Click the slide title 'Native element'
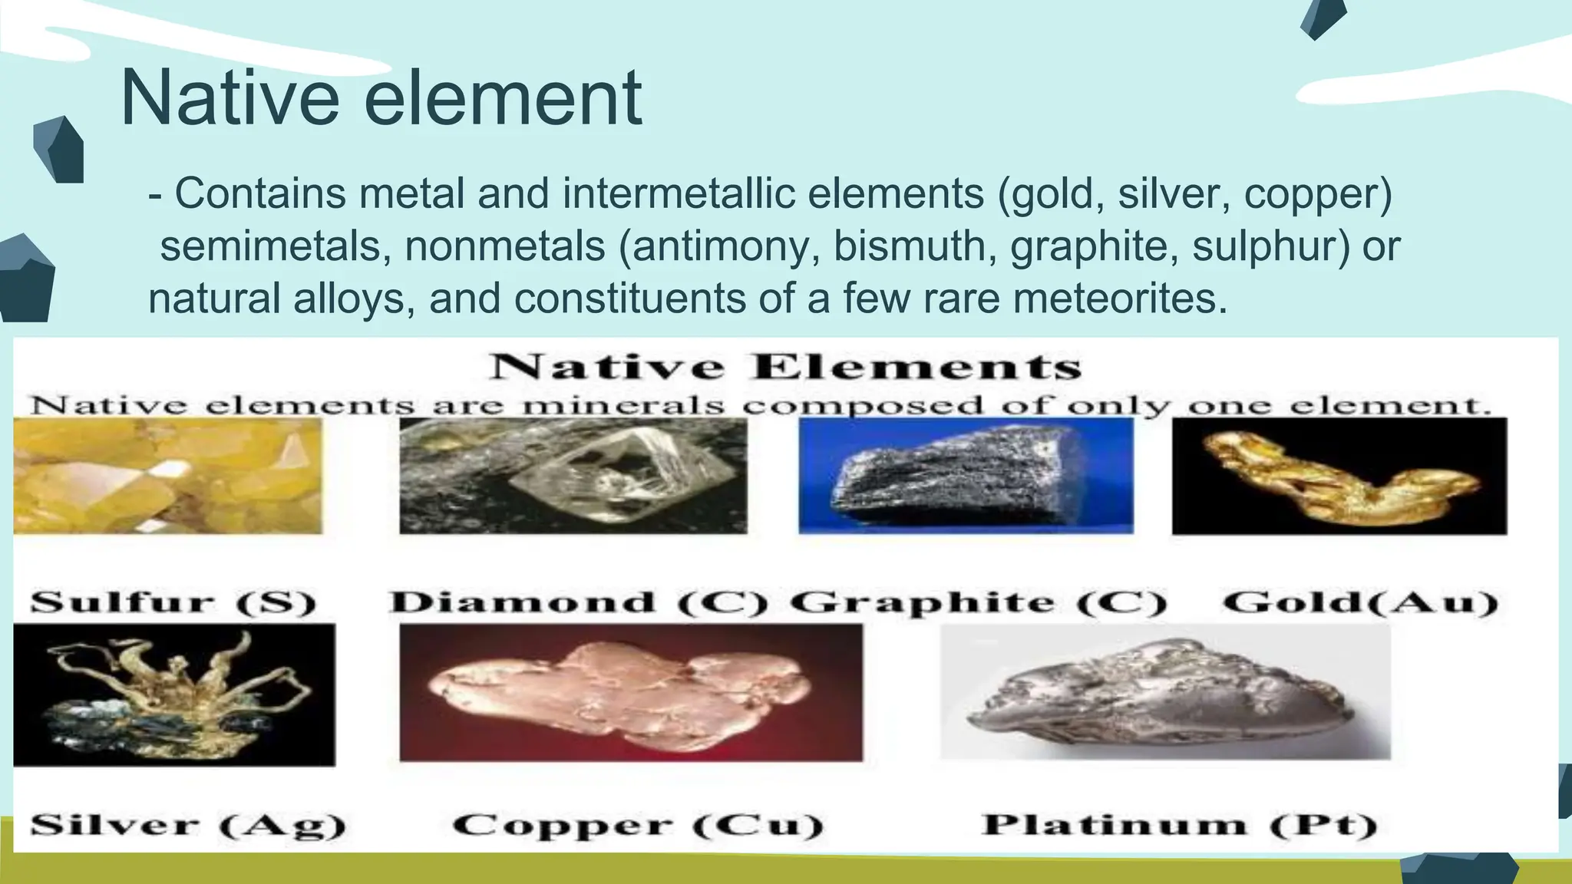click(x=381, y=98)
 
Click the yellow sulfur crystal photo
click(x=167, y=476)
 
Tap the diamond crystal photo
click(x=573, y=476)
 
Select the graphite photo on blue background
click(x=966, y=476)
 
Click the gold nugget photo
click(x=1339, y=476)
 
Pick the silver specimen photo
click(x=174, y=694)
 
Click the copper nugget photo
click(x=631, y=692)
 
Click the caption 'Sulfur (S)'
click(x=173, y=602)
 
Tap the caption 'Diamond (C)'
click(x=579, y=602)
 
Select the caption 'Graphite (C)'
click(x=978, y=603)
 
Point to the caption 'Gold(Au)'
click(x=1360, y=602)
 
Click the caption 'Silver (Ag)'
click(x=189, y=826)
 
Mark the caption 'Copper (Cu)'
click(x=639, y=826)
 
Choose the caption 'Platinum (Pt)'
click(x=1181, y=826)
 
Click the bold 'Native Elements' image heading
click(x=786, y=367)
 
